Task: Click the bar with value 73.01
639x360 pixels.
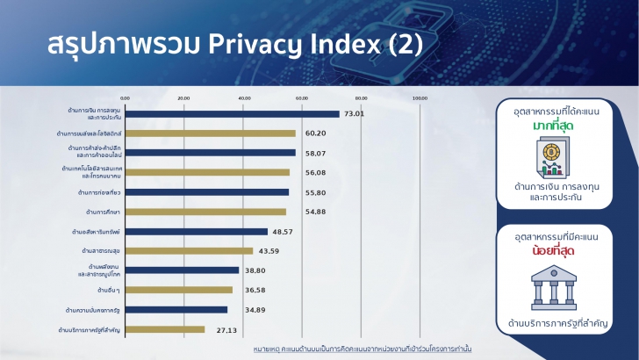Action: [x=232, y=113]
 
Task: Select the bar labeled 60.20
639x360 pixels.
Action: [x=210, y=133]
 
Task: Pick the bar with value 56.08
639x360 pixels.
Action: [x=206, y=172]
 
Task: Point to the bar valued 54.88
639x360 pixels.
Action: [x=205, y=212]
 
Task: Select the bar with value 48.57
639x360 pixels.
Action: [x=196, y=232]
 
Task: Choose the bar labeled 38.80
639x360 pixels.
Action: [x=182, y=270]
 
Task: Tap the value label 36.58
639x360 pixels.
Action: [x=252, y=290]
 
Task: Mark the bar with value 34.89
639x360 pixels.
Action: [x=176, y=309]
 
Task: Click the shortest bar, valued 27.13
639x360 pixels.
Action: [x=164, y=329]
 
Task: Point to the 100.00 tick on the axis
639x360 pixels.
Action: [x=420, y=98]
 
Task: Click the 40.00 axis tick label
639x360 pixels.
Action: [x=243, y=98]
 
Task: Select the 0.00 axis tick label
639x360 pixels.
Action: [x=125, y=98]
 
